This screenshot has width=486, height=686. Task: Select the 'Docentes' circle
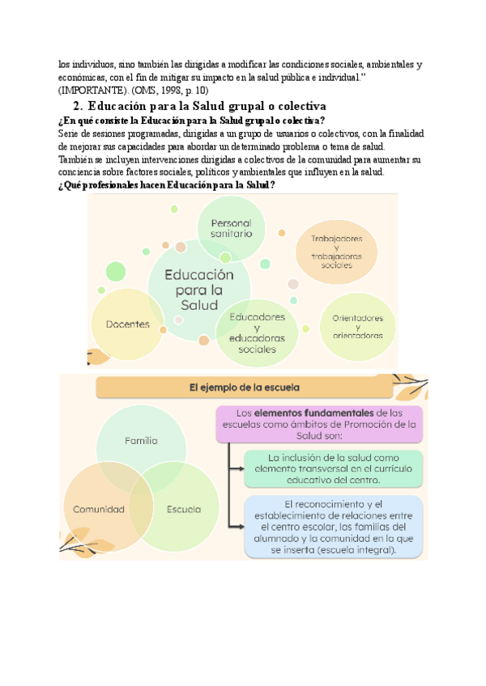pos(128,324)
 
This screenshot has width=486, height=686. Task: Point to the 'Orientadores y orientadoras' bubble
pos(357,326)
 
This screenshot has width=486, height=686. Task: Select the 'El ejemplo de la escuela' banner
pos(244,388)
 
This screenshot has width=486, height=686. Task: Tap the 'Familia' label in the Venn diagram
pos(141,441)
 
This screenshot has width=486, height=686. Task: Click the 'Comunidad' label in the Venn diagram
pos(99,510)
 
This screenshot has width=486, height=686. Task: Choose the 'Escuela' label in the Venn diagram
pos(183,510)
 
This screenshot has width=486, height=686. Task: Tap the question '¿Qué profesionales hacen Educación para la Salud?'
pos(168,185)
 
